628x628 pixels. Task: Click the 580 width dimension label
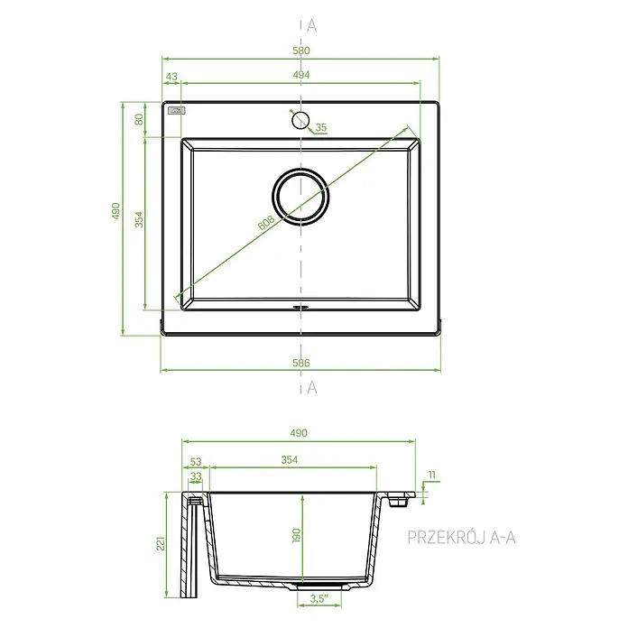tap(301, 51)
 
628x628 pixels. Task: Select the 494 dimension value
tap(301, 75)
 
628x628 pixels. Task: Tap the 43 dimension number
tap(171, 76)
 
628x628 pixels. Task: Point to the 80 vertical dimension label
tap(139, 119)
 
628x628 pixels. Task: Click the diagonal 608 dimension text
tap(266, 223)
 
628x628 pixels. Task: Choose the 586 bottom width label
tap(301, 363)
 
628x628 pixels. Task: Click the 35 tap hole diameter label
tap(321, 127)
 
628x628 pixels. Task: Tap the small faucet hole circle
tap(300, 120)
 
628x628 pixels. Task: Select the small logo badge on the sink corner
tap(177, 111)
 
